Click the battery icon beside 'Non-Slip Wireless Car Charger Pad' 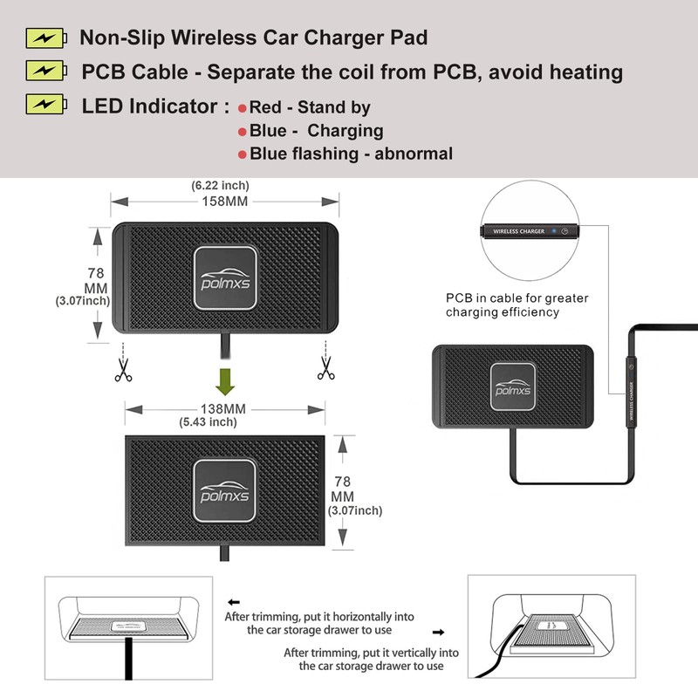tap(46, 38)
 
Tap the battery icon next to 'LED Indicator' tap(46, 104)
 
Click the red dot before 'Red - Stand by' tap(243, 108)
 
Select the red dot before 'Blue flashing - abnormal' tap(243, 154)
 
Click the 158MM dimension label tap(225, 202)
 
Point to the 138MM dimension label tap(223, 408)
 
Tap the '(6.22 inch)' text tap(221, 185)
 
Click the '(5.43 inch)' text tap(208, 422)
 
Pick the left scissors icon tap(123, 370)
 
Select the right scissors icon tap(325, 368)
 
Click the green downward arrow tap(225, 381)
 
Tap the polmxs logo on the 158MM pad tap(225, 278)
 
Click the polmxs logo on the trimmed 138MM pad tap(224, 490)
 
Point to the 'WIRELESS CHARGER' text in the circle tap(518, 231)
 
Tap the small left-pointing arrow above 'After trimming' tap(234, 602)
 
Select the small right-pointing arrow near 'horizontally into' tap(439, 632)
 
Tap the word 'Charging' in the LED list tap(346, 131)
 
